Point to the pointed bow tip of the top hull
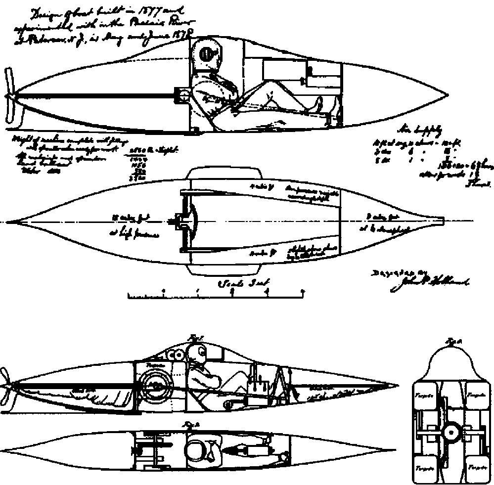[x=448, y=95]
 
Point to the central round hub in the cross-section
[x=450, y=433]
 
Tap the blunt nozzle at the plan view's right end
[x=438, y=221]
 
